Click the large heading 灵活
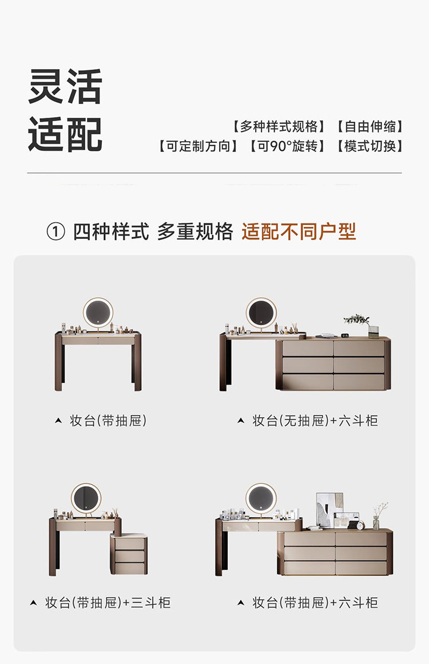(x=65, y=86)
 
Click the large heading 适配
(x=65, y=134)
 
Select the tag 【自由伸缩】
(x=369, y=126)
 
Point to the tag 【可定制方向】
(x=198, y=146)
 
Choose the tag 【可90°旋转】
(x=287, y=146)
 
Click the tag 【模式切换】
(x=369, y=146)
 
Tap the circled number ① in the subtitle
(x=55, y=232)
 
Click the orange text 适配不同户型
(x=299, y=231)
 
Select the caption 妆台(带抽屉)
(x=108, y=421)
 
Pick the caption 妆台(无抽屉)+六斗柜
(x=315, y=421)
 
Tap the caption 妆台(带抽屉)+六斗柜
(x=315, y=603)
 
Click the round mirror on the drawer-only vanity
(x=98, y=313)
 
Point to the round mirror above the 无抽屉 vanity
(x=261, y=313)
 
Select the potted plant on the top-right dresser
(x=357, y=321)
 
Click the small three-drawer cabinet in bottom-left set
(x=129, y=555)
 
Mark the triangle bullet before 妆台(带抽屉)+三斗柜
(x=33, y=603)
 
